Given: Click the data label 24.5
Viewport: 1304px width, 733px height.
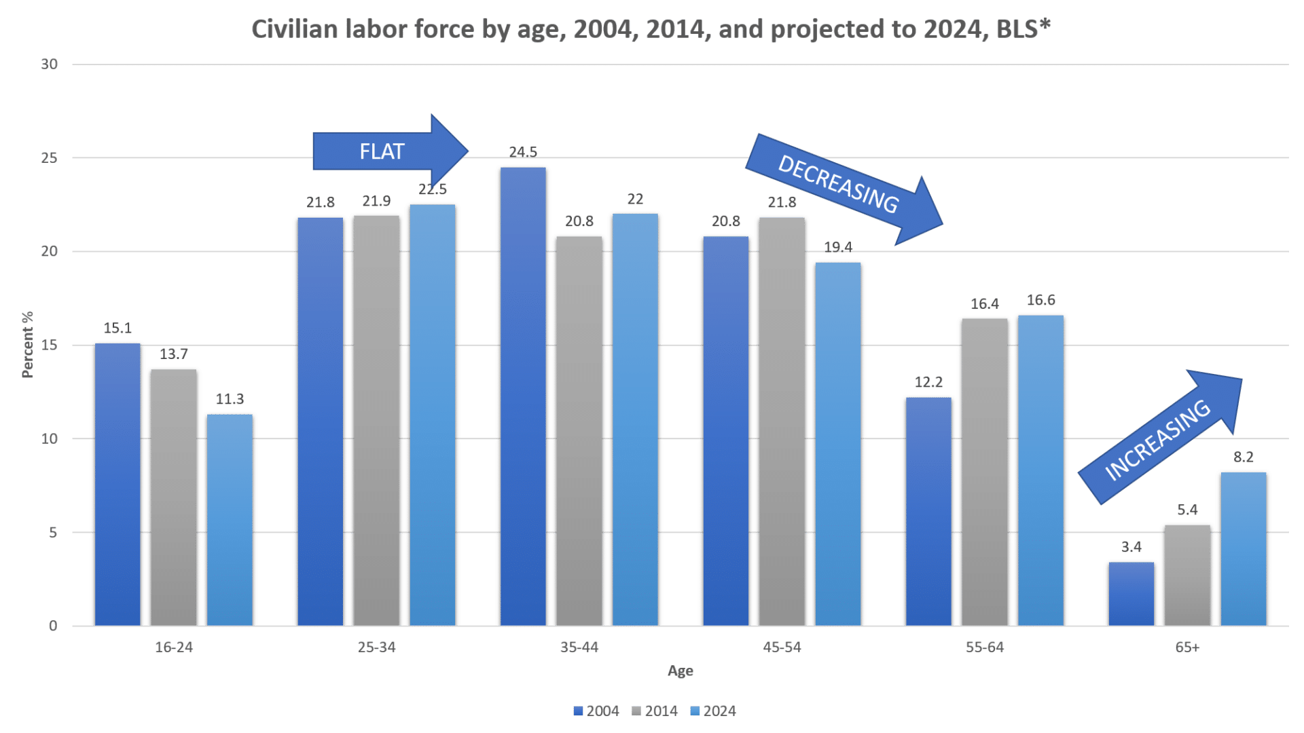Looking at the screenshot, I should (523, 151).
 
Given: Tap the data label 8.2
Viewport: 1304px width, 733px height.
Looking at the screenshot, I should (1244, 457).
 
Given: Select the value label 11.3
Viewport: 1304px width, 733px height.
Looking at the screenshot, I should (230, 399).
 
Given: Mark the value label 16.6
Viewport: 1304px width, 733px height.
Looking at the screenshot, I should (1040, 300).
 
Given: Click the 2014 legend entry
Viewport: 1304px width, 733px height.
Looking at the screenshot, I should (655, 711).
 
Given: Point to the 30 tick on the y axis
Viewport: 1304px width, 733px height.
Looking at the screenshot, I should (50, 65).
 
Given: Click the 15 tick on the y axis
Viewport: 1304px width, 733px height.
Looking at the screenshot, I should (50, 345).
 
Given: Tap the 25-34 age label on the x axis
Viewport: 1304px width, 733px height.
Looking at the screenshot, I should (376, 648).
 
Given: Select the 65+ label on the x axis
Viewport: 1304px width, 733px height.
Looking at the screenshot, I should (1187, 648).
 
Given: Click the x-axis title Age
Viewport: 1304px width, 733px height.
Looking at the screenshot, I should (680, 671).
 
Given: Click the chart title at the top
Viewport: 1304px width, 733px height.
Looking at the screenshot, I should (651, 30).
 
